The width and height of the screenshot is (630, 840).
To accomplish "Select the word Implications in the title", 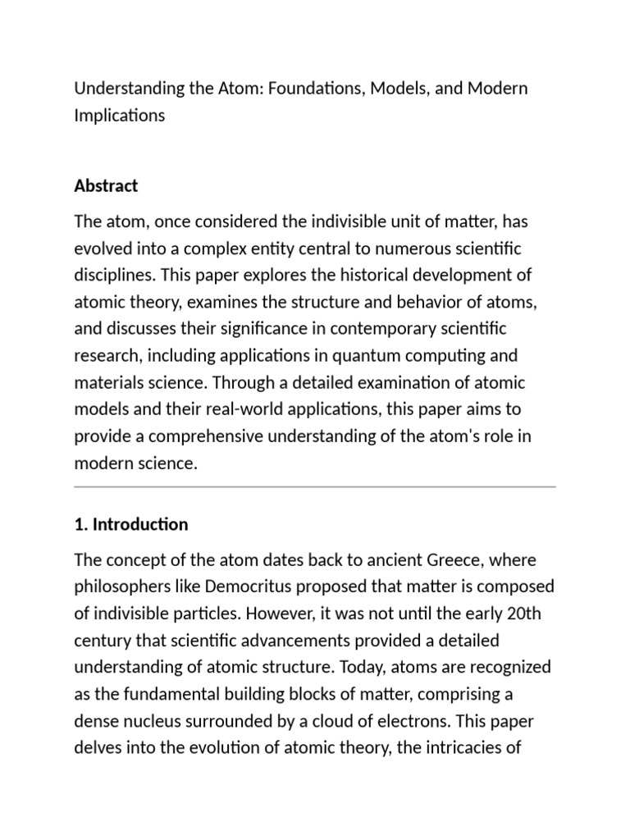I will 119,116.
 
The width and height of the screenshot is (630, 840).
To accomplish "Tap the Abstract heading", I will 106,186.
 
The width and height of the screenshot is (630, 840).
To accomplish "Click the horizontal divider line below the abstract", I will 315,486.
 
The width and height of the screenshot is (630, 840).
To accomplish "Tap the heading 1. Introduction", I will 131,524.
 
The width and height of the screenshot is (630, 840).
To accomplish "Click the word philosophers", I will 122,587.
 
